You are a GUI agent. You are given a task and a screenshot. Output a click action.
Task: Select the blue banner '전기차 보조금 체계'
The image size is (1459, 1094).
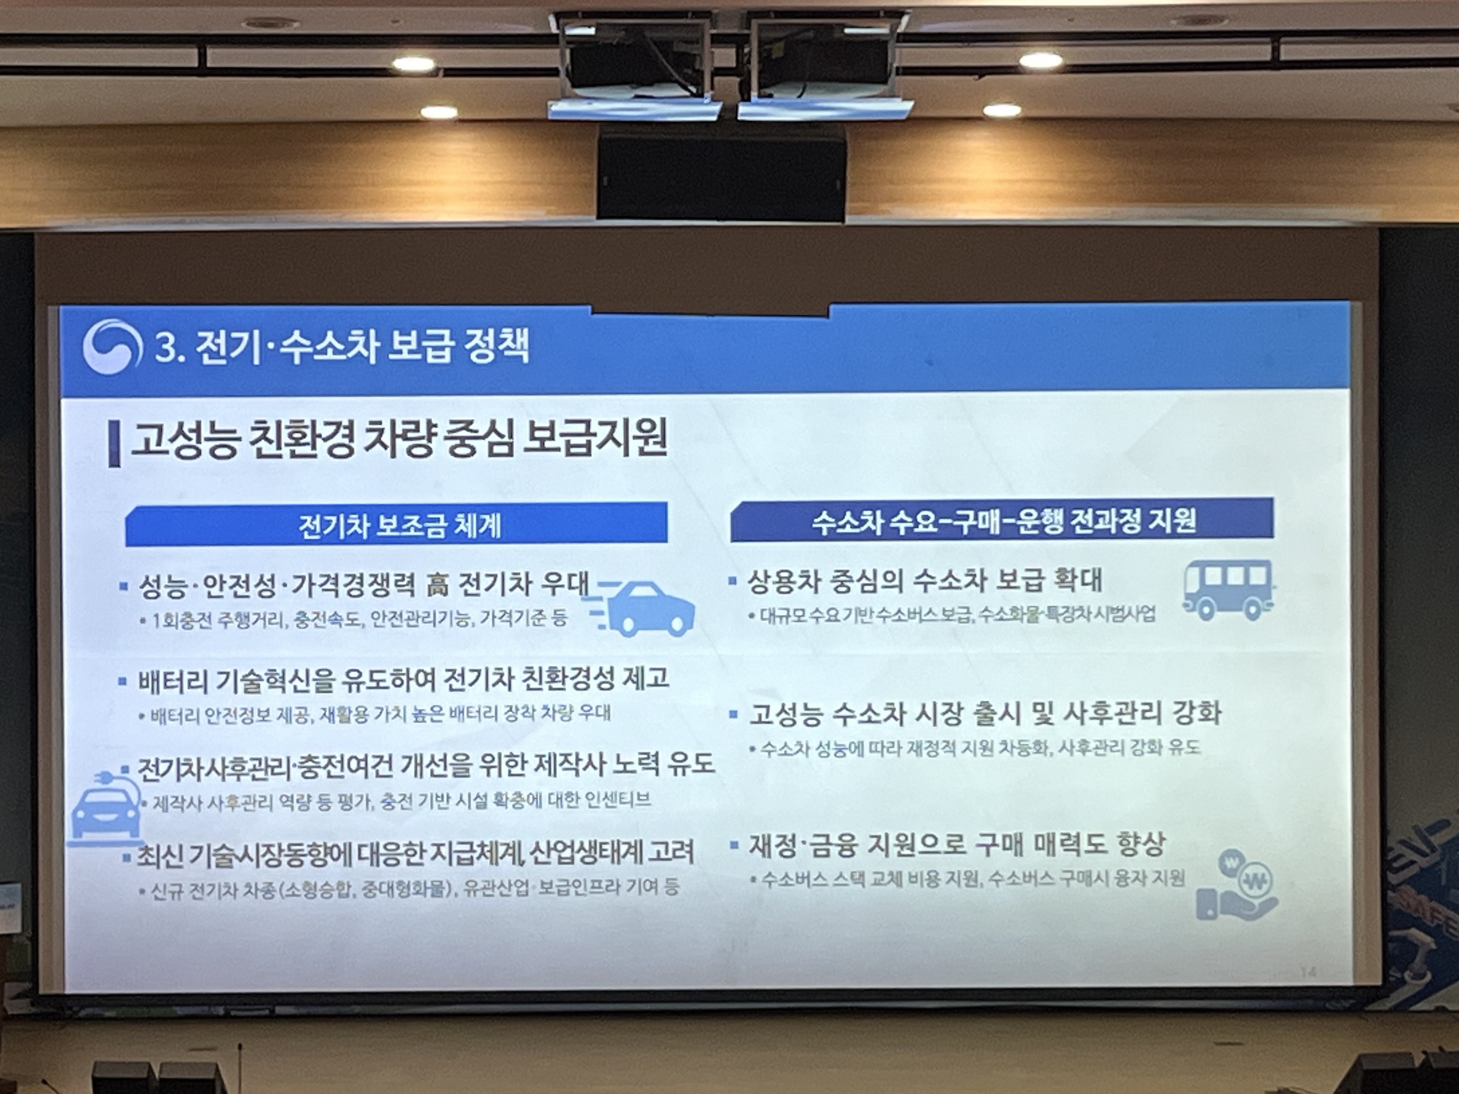[x=396, y=524]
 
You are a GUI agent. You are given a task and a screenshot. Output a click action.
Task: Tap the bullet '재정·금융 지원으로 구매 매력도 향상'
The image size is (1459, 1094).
[x=956, y=845]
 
